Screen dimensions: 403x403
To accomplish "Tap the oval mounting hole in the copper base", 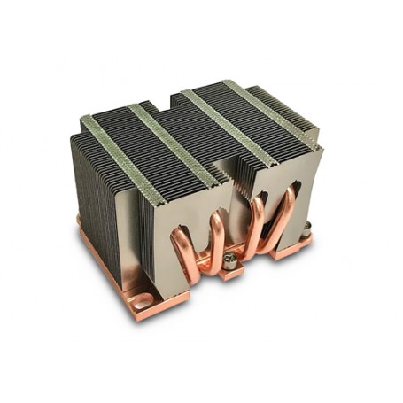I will click(x=139, y=304).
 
